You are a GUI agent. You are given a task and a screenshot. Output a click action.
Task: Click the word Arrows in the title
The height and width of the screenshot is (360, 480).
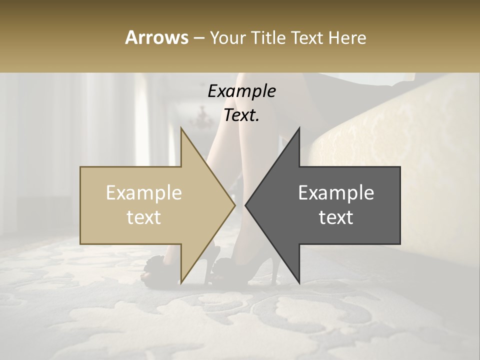pyautogui.click(x=156, y=37)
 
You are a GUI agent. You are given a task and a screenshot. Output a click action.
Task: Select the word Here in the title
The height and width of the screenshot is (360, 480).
pyautogui.click(x=347, y=37)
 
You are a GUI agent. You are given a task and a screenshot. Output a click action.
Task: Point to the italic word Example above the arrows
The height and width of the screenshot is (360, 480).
pyautogui.click(x=241, y=91)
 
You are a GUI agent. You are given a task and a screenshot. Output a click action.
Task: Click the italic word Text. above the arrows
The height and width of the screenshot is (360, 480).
pyautogui.click(x=241, y=115)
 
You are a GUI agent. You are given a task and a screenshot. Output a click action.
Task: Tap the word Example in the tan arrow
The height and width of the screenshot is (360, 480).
pyautogui.click(x=144, y=192)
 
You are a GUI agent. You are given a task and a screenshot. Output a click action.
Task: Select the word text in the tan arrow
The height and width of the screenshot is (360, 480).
pyautogui.click(x=144, y=217)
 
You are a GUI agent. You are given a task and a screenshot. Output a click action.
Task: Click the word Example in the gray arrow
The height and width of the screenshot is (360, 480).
pyautogui.click(x=336, y=192)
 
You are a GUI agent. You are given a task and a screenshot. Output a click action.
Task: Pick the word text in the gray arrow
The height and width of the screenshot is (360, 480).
pyautogui.click(x=336, y=217)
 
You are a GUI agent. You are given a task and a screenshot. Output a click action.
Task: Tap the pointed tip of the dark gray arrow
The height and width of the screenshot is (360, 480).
pyautogui.click(x=246, y=205)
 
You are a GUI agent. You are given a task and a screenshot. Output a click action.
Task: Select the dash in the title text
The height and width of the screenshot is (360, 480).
pyautogui.click(x=198, y=38)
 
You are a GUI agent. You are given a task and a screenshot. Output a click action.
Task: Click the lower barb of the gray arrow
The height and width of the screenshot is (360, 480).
pyautogui.click(x=298, y=280)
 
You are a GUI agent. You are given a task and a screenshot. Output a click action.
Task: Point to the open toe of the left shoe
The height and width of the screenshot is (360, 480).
pyautogui.click(x=146, y=274)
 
